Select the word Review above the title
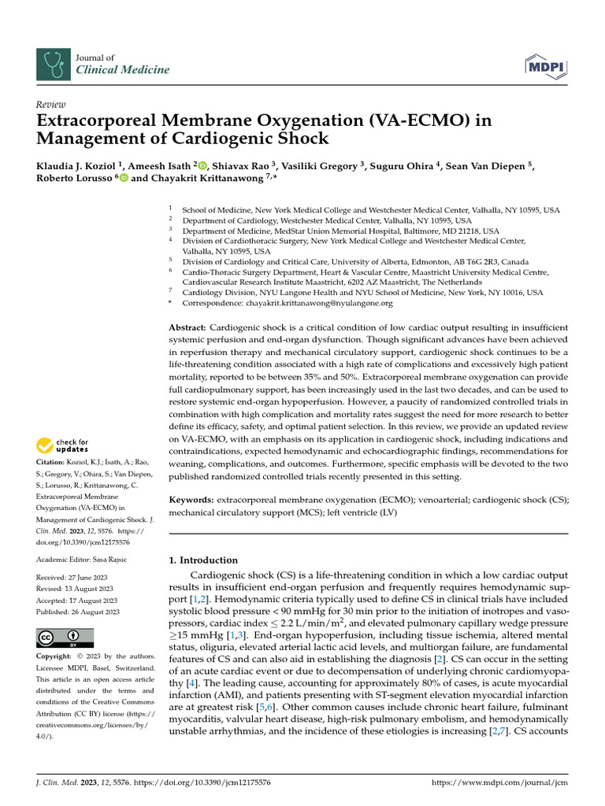click(x=50, y=105)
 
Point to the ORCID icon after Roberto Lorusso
click(x=124, y=179)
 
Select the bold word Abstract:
click(x=188, y=327)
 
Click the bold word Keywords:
click(x=192, y=501)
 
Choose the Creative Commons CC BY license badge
click(x=65, y=637)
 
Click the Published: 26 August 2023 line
click(x=78, y=612)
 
